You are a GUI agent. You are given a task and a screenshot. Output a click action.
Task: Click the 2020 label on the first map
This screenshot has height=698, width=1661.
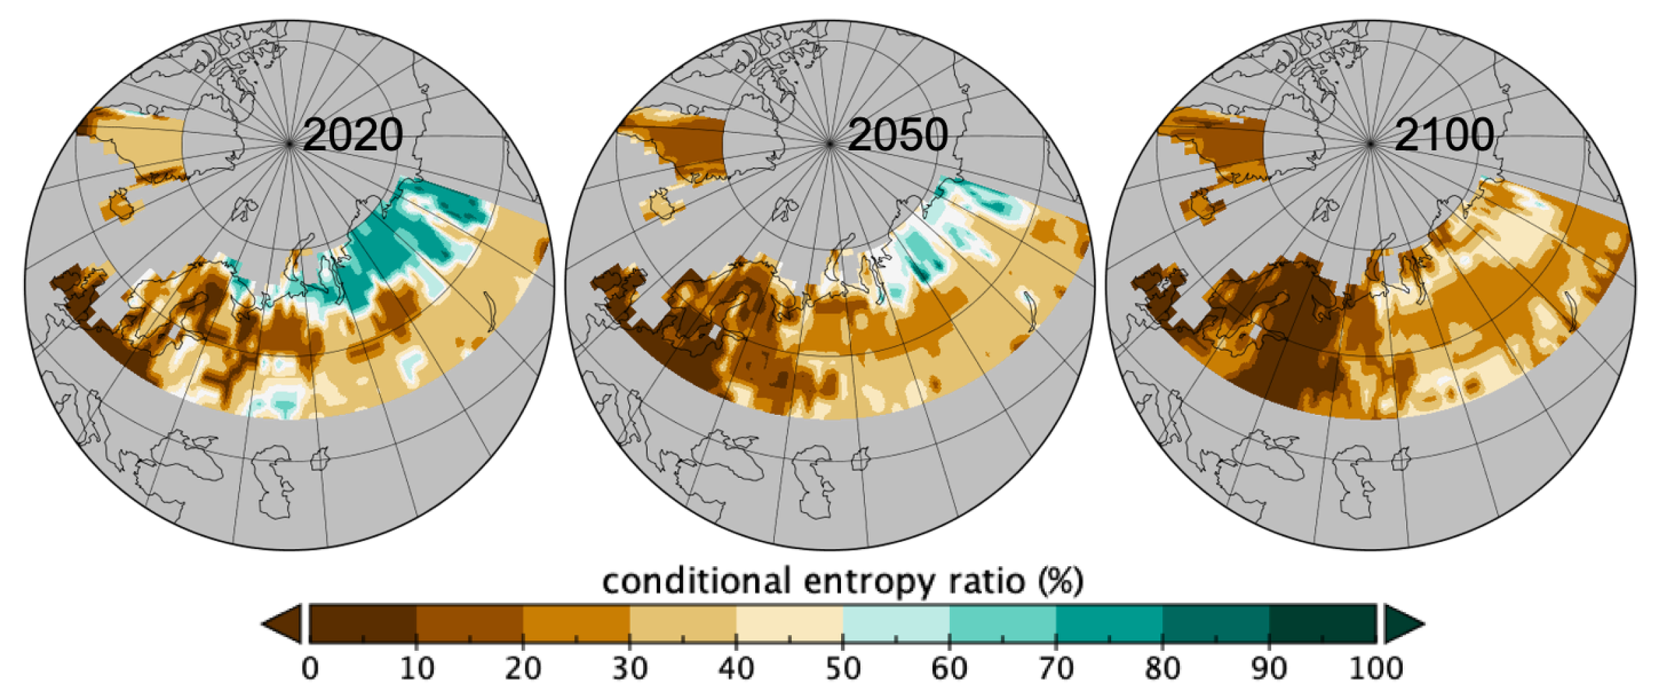[x=353, y=135]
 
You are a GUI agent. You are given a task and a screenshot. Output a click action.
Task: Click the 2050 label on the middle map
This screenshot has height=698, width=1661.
[x=897, y=135]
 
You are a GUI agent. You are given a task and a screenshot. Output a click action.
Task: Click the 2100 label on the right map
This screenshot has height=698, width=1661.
[x=1443, y=135]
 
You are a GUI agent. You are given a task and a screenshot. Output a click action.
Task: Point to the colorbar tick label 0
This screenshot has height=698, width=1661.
[x=310, y=668]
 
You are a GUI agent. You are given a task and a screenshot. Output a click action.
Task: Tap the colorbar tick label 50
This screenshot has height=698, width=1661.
[x=842, y=668]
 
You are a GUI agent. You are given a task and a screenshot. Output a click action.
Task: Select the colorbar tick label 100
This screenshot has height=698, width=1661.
[x=1375, y=668]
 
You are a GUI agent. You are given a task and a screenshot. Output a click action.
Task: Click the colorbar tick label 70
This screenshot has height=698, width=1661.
[x=1056, y=668]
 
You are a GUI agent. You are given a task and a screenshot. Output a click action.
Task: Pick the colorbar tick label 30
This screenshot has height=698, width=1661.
[x=629, y=668]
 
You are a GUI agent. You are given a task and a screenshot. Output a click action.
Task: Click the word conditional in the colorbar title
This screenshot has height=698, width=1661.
[x=698, y=581]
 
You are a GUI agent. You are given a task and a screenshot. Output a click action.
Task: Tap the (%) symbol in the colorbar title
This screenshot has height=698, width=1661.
[x=1060, y=581]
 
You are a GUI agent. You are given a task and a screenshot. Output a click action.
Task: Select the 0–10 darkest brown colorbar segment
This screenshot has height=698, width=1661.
[x=363, y=623]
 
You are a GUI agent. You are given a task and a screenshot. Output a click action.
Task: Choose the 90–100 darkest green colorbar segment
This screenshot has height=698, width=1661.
[x=1322, y=623]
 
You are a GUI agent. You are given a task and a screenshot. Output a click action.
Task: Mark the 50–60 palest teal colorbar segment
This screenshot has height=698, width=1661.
[x=896, y=623]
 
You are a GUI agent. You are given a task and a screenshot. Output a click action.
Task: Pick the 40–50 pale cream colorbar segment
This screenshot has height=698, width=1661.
[x=789, y=623]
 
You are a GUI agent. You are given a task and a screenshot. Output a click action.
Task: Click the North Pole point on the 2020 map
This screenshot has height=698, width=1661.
[x=290, y=144]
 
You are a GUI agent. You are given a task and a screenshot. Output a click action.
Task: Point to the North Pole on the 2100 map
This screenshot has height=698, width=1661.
[x=1371, y=144]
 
